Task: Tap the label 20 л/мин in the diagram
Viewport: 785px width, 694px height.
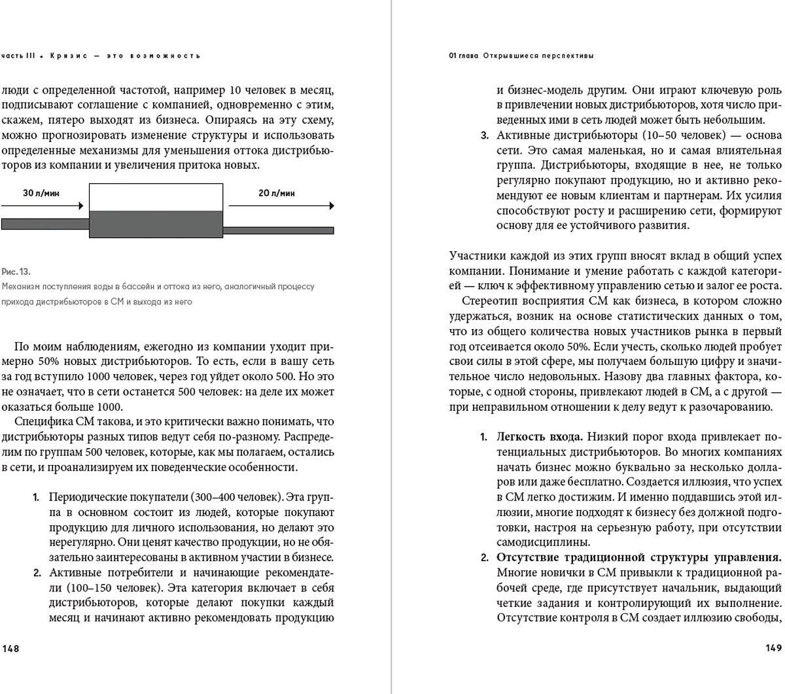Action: click(277, 193)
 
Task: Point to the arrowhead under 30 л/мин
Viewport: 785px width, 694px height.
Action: click(80, 206)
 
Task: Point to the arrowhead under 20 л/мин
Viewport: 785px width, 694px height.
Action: click(331, 206)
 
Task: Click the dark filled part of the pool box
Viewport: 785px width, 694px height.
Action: click(156, 224)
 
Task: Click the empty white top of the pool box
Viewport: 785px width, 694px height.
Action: click(156, 197)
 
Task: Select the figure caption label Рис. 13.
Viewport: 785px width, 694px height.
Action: click(16, 271)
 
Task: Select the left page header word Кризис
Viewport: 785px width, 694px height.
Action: click(68, 56)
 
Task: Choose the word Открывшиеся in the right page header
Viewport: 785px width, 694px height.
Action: click(507, 56)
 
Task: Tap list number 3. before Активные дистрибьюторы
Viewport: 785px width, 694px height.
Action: click(485, 135)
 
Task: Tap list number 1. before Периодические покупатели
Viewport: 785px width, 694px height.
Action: click(37, 497)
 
